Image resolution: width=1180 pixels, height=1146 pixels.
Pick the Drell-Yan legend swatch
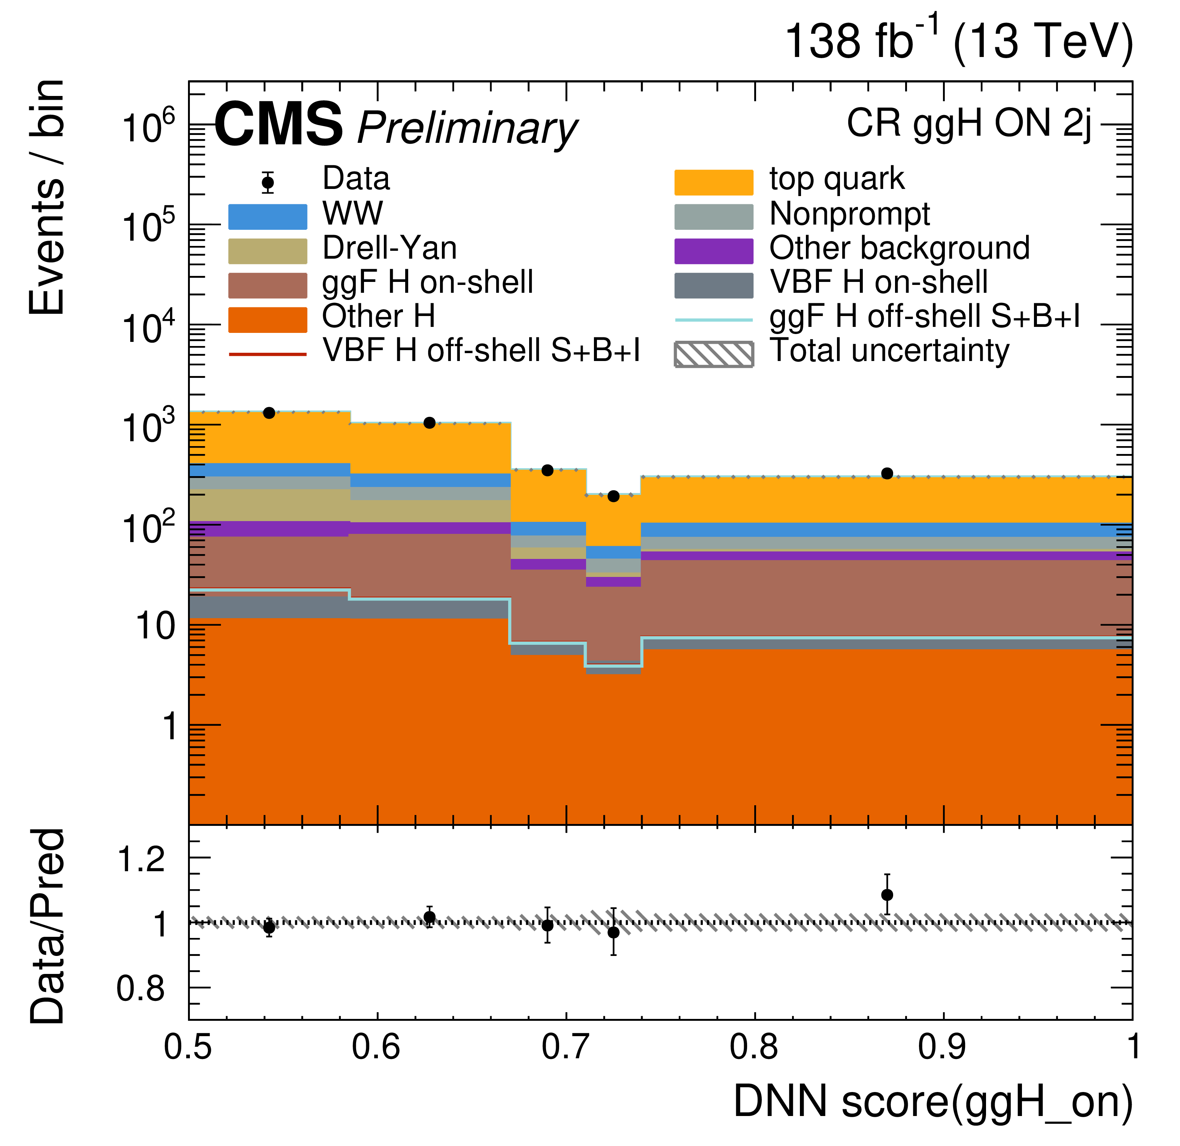coord(267,251)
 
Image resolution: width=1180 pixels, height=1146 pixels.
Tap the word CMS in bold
coord(278,125)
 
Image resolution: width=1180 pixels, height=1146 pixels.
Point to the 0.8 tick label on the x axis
coord(754,1047)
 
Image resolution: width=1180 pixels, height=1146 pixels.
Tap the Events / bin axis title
coord(46,197)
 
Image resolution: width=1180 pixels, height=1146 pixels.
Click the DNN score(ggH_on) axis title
coord(933,1101)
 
